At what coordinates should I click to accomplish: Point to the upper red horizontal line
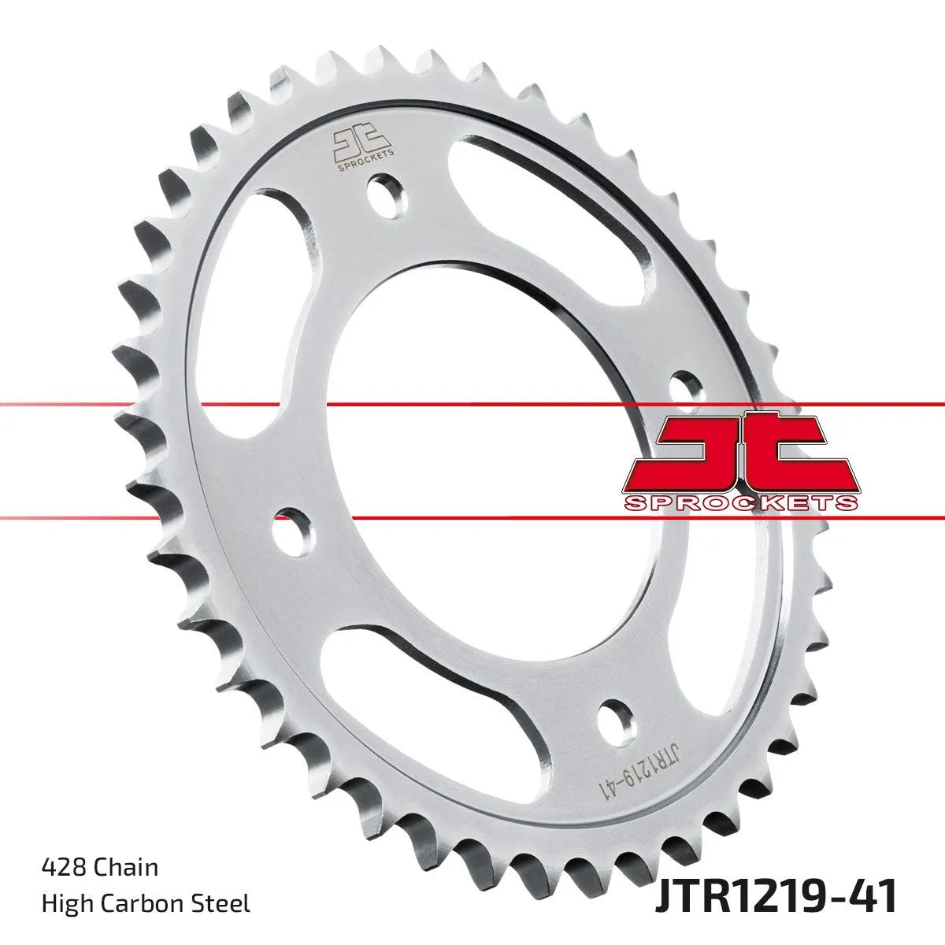[x=472, y=405]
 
